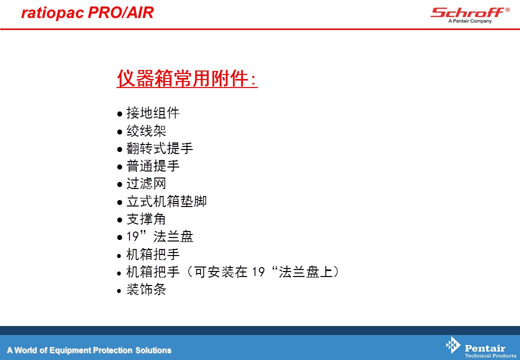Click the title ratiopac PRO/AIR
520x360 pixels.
pos(87,12)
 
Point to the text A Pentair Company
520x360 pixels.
pos(470,21)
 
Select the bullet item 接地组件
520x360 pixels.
pos(153,113)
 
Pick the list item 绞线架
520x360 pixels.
pos(146,131)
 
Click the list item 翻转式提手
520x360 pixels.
pos(159,148)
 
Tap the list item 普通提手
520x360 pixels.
pos(153,166)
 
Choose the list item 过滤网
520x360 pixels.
pos(146,183)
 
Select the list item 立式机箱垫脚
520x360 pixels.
pos(166,201)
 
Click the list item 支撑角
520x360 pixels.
pos(146,219)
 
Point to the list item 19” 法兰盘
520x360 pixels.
pos(160,236)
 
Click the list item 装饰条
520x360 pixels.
pos(146,289)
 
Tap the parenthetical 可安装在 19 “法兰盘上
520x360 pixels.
pos(263,272)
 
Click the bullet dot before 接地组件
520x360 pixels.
pos(119,114)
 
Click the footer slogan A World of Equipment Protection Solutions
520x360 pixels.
pos(89,350)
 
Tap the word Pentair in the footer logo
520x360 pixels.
pos(485,348)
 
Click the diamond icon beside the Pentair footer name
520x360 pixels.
pos(453,345)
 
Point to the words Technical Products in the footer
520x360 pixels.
pos(490,355)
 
